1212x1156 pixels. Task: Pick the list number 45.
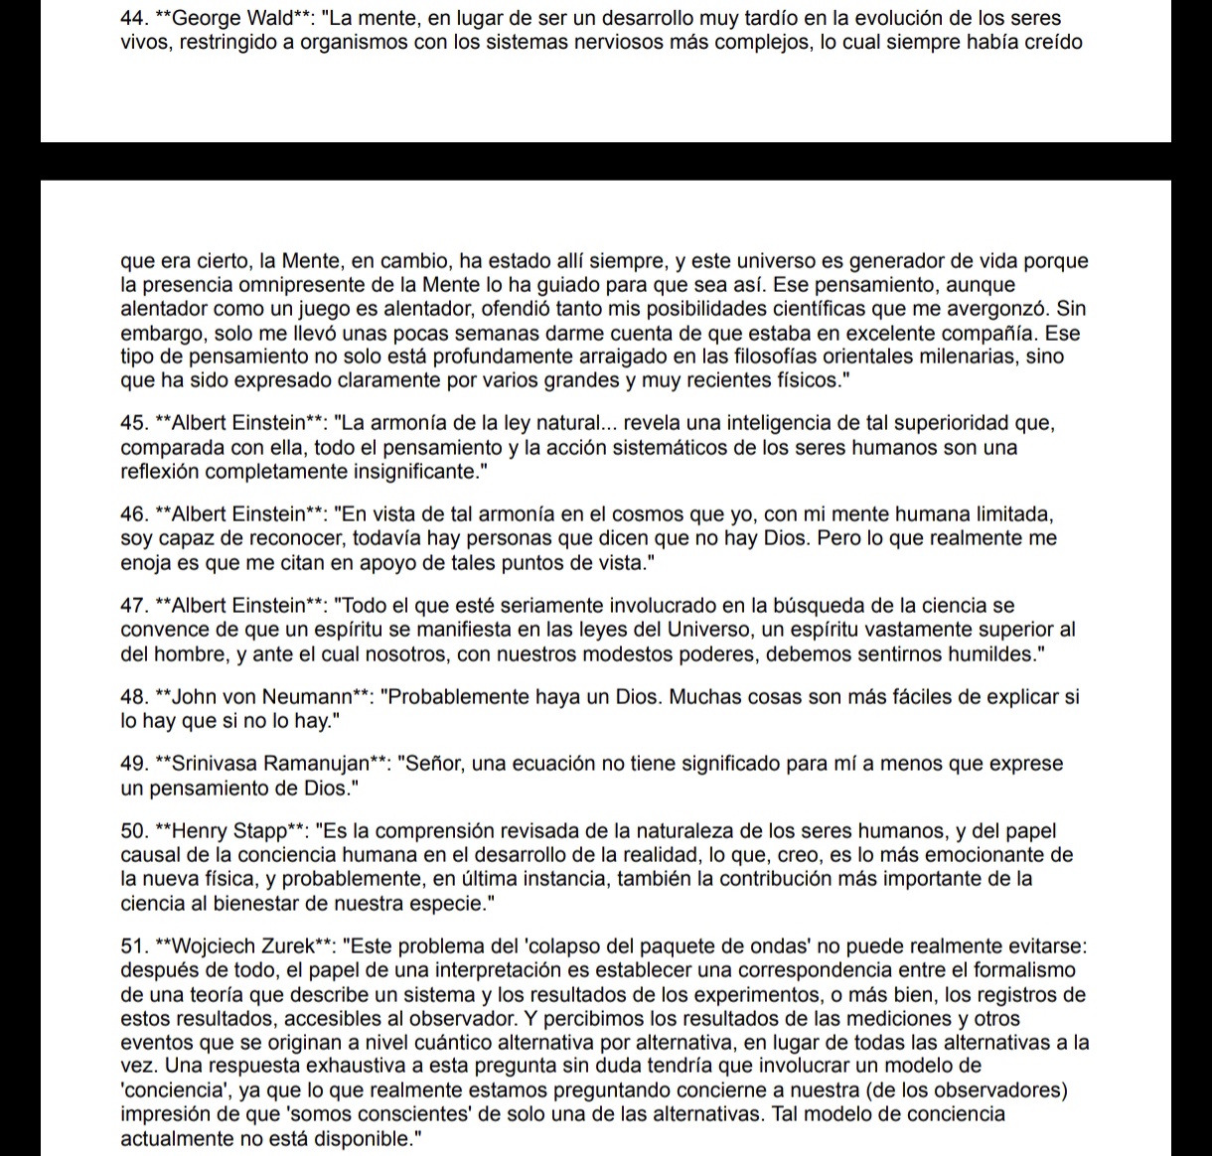pyautogui.click(x=132, y=424)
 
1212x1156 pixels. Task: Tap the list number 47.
pyautogui.click(x=132, y=606)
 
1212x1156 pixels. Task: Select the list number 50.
pyautogui.click(x=132, y=831)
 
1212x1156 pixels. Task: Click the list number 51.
pyautogui.click(x=132, y=946)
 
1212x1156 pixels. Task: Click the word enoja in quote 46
pyautogui.click(x=145, y=563)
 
